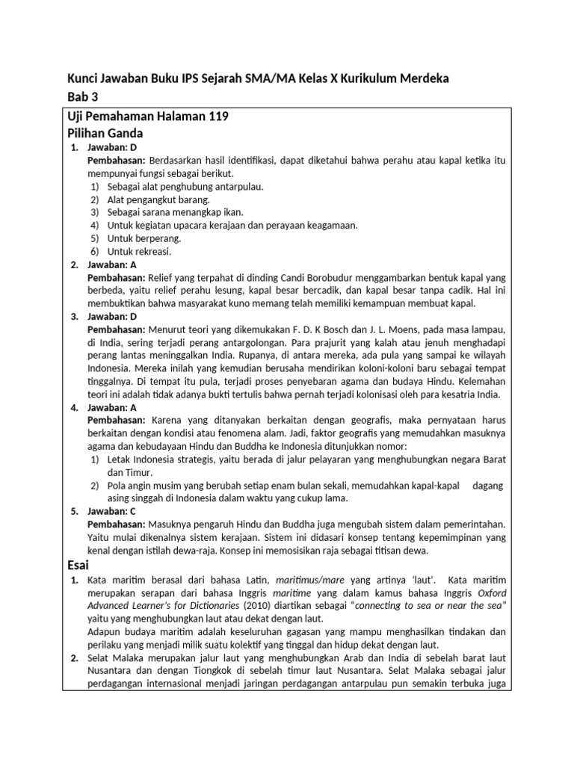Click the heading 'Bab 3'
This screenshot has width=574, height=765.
[x=82, y=96]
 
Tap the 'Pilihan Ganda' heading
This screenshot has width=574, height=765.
[x=105, y=133]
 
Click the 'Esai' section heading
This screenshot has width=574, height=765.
[x=78, y=565]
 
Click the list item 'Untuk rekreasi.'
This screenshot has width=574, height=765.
[x=135, y=251]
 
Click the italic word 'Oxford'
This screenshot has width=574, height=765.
[x=490, y=592]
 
